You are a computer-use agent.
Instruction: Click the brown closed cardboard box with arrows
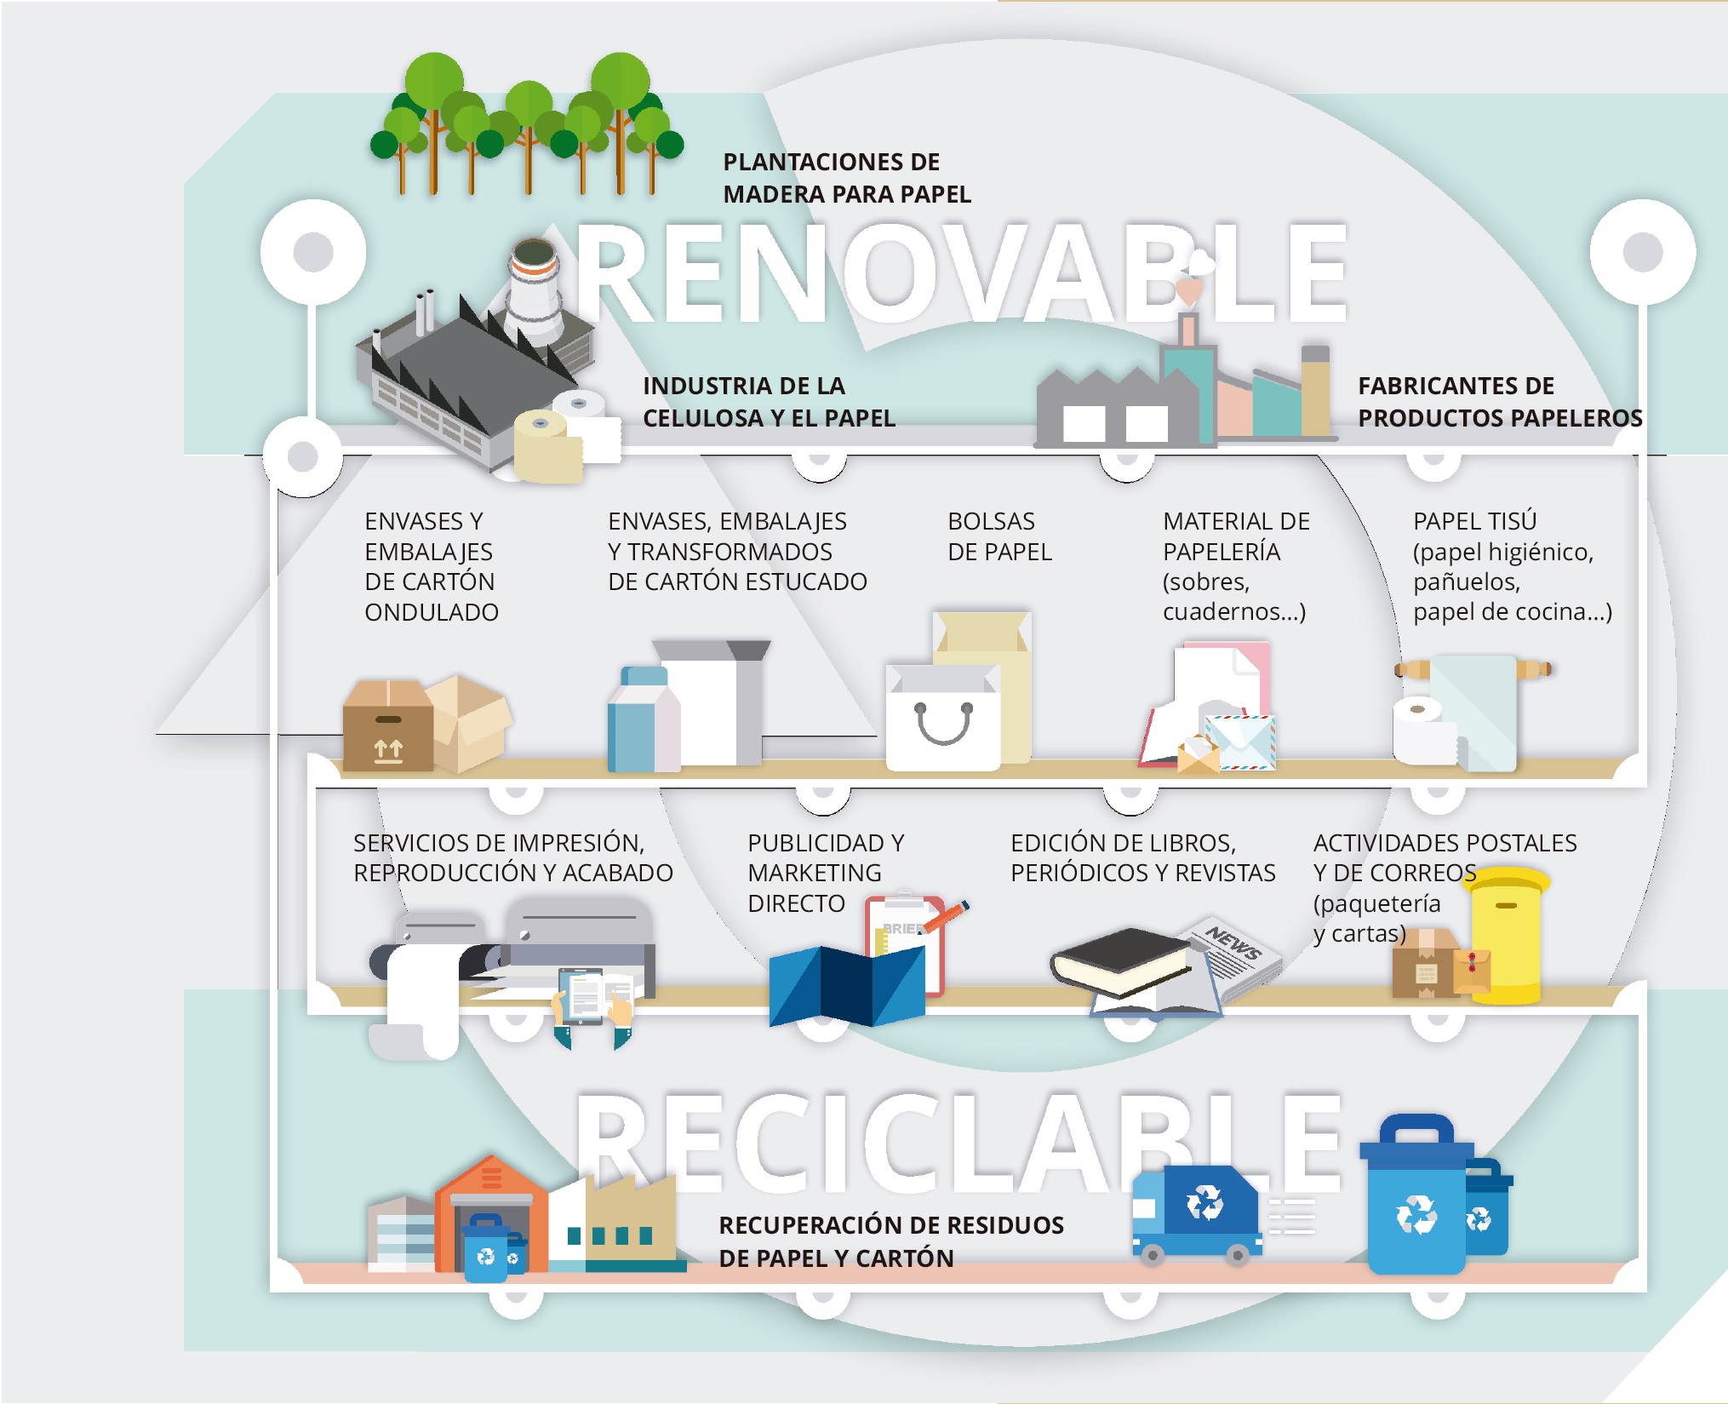pyautogui.click(x=387, y=728)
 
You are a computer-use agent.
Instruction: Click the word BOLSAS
pyautogui.click(x=991, y=521)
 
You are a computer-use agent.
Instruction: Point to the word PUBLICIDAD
pyautogui.click(x=825, y=843)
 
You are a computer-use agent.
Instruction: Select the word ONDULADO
pyautogui.click(x=431, y=612)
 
